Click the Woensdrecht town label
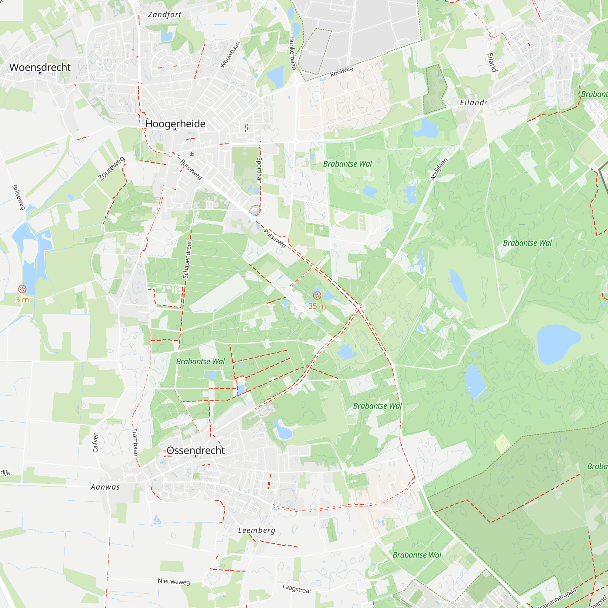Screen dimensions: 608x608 tap(40, 67)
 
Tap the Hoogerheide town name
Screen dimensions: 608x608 tap(175, 124)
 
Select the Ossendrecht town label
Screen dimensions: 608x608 tap(195, 450)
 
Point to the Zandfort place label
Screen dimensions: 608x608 tap(164, 15)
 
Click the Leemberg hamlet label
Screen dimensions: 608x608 tap(257, 530)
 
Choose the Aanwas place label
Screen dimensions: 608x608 tap(105, 487)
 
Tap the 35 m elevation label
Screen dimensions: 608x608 tap(317, 306)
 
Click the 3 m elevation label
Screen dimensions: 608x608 tap(22, 300)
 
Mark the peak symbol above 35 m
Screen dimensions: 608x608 tap(317, 295)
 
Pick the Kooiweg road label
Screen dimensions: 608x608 tap(341, 71)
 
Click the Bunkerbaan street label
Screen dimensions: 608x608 tap(292, 54)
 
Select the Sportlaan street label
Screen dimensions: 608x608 tap(259, 170)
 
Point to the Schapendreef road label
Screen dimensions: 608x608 tap(187, 260)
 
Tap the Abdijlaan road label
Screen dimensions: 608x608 tap(439, 169)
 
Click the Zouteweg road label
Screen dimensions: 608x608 tap(111, 169)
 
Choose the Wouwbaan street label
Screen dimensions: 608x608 tap(230, 54)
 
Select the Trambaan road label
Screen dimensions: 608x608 tap(135, 442)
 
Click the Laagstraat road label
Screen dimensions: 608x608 tap(297, 589)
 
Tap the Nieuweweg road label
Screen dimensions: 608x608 tap(174, 582)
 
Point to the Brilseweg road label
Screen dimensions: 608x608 tap(19, 197)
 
